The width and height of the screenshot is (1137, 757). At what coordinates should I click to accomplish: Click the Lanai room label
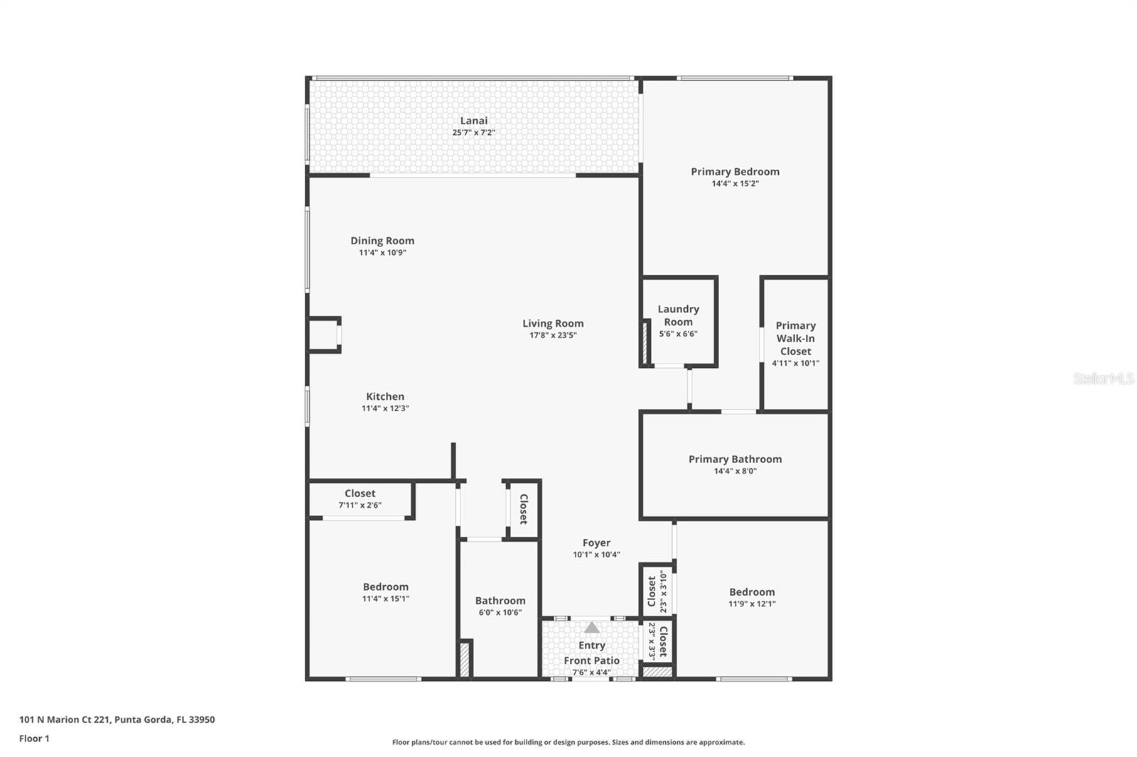(x=473, y=121)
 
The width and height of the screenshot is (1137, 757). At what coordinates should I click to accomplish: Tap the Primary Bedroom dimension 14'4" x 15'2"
(x=735, y=183)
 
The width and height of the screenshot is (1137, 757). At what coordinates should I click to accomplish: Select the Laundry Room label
(x=678, y=315)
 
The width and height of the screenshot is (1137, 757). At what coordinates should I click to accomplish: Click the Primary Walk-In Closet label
(x=795, y=338)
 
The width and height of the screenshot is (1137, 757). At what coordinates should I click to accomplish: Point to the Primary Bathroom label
(x=735, y=459)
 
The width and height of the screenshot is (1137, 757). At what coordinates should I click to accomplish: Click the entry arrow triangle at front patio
(x=591, y=628)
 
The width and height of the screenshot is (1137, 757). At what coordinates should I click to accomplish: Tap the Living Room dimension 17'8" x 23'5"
(x=553, y=335)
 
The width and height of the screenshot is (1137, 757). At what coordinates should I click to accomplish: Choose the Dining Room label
(x=382, y=241)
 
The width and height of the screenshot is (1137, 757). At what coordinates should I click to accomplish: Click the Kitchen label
(x=385, y=396)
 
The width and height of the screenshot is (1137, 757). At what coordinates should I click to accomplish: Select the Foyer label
(x=596, y=543)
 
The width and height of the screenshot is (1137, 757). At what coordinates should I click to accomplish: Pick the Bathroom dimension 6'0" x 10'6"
(x=500, y=612)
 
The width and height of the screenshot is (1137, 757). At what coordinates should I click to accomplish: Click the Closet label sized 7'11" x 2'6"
(x=360, y=493)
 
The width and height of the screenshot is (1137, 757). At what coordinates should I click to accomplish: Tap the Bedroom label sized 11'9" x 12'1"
(x=752, y=592)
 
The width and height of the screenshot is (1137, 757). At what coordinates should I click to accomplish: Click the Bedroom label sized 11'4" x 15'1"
(x=385, y=587)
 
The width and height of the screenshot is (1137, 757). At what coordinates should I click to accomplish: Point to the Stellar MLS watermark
(x=1103, y=378)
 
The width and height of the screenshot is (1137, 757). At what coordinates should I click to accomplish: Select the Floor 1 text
(x=34, y=739)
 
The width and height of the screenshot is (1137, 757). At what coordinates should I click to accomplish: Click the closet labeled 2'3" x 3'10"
(x=656, y=591)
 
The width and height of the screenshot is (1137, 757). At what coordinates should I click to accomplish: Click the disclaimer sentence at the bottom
(x=568, y=742)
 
